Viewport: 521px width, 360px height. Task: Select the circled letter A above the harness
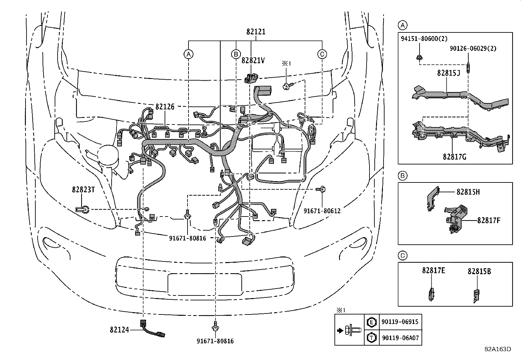188,54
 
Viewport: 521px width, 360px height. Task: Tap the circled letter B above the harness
236,54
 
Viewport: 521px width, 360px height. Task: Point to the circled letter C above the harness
322,54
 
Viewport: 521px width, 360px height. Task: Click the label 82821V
253,61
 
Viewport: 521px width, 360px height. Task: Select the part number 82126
165,107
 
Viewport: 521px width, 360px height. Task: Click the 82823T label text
83,190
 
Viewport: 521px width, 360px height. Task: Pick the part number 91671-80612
322,211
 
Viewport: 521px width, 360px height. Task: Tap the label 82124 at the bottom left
119,330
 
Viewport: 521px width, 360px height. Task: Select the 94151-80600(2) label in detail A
424,39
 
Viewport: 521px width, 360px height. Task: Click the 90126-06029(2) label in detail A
473,48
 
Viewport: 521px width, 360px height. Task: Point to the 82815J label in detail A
448,73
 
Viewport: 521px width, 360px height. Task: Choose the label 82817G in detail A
455,157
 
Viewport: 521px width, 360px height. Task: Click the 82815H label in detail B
468,192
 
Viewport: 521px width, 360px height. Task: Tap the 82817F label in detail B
489,220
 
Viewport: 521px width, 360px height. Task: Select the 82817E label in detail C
433,271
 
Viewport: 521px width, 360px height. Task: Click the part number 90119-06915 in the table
400,322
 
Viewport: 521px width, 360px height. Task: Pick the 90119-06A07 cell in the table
400,338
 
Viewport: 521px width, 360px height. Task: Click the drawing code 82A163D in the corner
498,349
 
